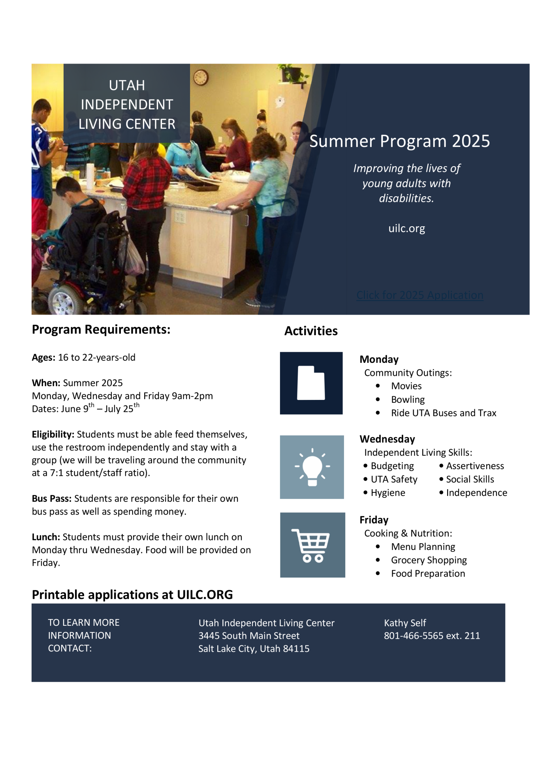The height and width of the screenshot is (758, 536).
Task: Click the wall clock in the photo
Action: click(x=201, y=77)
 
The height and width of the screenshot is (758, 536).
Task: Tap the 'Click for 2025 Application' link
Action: click(x=419, y=295)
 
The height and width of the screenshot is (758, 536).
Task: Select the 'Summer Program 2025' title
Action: click(x=399, y=141)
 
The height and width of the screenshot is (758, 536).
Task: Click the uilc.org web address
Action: click(x=406, y=228)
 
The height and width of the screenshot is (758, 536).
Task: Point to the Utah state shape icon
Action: click(x=311, y=383)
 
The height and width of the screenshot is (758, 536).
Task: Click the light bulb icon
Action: click(x=312, y=467)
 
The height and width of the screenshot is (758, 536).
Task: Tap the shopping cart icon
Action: click(x=312, y=545)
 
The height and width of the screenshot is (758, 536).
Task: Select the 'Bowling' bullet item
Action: click(x=408, y=400)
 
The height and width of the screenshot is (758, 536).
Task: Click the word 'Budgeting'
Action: click(x=392, y=466)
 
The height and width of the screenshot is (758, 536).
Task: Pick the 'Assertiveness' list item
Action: click(x=475, y=466)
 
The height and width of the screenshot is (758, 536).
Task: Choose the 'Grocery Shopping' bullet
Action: click(x=429, y=560)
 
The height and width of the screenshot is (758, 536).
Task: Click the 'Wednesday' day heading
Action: click(x=387, y=439)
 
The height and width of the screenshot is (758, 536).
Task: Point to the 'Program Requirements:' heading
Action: click(x=101, y=329)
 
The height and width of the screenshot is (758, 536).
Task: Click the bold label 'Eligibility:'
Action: click(x=53, y=434)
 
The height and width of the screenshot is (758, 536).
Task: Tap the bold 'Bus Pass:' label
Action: click(x=52, y=499)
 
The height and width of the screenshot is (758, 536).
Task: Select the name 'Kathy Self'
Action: click(x=405, y=623)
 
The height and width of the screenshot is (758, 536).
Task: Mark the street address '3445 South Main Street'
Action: click(x=249, y=636)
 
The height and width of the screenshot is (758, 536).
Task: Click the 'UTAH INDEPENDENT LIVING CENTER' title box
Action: click(x=127, y=104)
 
